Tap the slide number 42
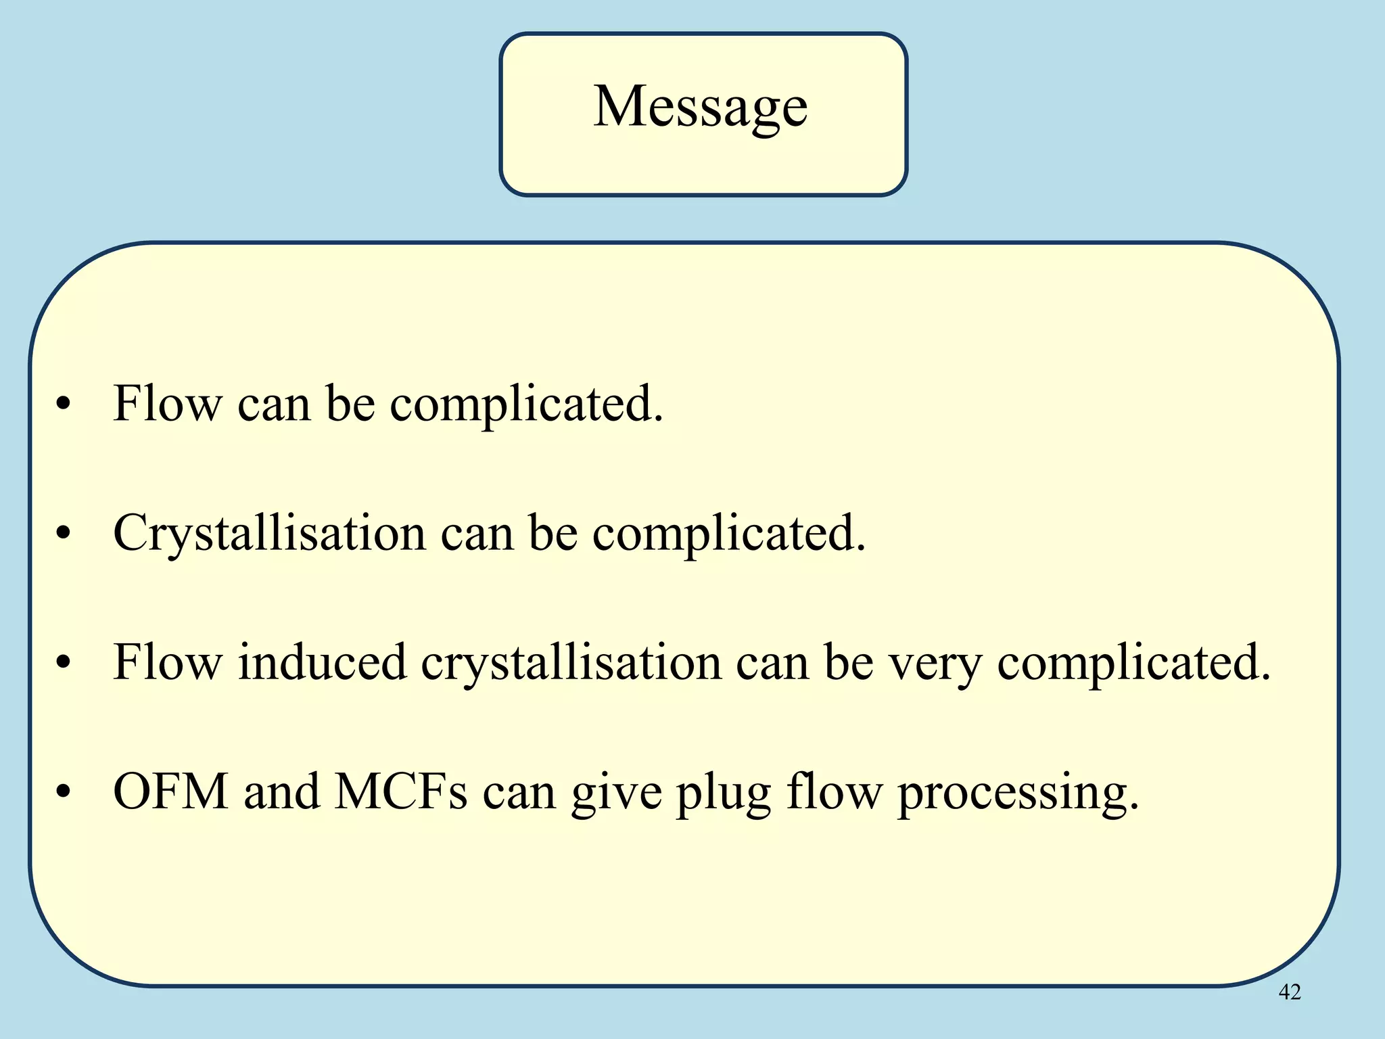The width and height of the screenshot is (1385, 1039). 1290,992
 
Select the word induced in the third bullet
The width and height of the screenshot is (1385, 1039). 322,662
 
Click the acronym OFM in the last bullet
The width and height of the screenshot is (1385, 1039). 171,791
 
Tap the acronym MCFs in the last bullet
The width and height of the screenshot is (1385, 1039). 401,791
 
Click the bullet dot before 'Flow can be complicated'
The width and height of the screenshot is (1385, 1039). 64,405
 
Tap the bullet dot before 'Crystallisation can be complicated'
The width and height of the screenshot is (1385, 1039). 64,534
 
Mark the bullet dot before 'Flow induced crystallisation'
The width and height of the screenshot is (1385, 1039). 64,663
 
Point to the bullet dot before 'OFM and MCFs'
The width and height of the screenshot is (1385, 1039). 64,792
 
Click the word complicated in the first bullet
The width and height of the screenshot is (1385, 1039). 526,405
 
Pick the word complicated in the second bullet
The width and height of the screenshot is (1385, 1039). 729,534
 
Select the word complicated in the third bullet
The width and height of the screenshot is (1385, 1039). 1134,663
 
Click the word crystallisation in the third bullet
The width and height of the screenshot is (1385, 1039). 571,663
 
